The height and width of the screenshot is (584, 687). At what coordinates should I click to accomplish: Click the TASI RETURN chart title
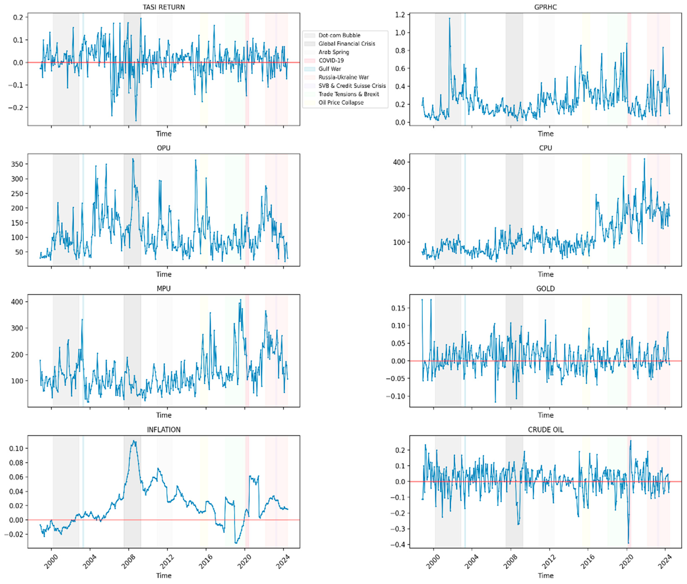(164, 7)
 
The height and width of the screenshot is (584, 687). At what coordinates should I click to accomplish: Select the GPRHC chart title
(545, 7)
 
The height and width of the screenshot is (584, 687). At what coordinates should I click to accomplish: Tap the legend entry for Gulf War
(330, 69)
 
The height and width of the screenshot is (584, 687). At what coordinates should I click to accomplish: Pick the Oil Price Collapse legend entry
(341, 103)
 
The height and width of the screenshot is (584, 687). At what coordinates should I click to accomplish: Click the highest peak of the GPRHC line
(449, 18)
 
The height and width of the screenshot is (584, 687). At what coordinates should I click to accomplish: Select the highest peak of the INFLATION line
(133, 441)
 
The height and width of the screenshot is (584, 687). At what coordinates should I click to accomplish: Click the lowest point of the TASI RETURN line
(136, 120)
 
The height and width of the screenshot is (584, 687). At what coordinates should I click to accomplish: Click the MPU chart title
(164, 289)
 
